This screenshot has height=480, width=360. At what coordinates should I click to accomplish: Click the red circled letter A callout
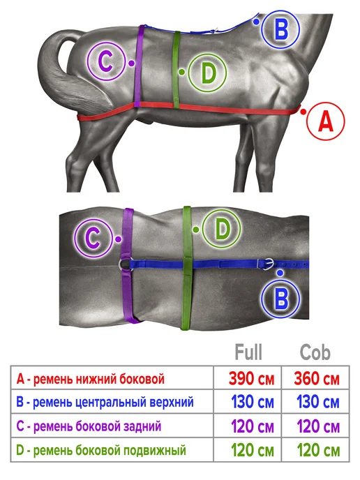[325, 121]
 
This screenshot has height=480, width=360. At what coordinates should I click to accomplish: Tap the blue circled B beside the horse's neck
[280, 29]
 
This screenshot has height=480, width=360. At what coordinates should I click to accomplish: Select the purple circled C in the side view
[106, 61]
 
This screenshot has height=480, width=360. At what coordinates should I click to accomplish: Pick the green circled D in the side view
[207, 73]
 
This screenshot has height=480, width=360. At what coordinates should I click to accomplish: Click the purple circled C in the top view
[93, 238]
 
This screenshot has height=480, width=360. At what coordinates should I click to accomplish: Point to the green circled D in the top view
[222, 229]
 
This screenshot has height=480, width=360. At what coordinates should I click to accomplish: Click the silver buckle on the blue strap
[265, 264]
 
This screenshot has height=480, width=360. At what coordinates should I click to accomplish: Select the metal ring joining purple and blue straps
[123, 264]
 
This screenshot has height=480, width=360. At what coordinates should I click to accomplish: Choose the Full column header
[248, 352]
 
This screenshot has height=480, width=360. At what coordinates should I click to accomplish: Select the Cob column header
[315, 352]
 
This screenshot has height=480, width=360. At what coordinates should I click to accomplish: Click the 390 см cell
[251, 379]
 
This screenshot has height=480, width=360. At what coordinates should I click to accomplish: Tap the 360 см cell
[317, 379]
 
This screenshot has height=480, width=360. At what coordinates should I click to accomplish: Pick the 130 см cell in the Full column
[253, 402]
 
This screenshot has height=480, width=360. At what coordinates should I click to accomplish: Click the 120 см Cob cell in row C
[318, 426]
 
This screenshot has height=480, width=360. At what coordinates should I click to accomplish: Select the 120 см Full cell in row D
[253, 450]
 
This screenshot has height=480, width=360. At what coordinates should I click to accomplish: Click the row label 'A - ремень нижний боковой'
[90, 379]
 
